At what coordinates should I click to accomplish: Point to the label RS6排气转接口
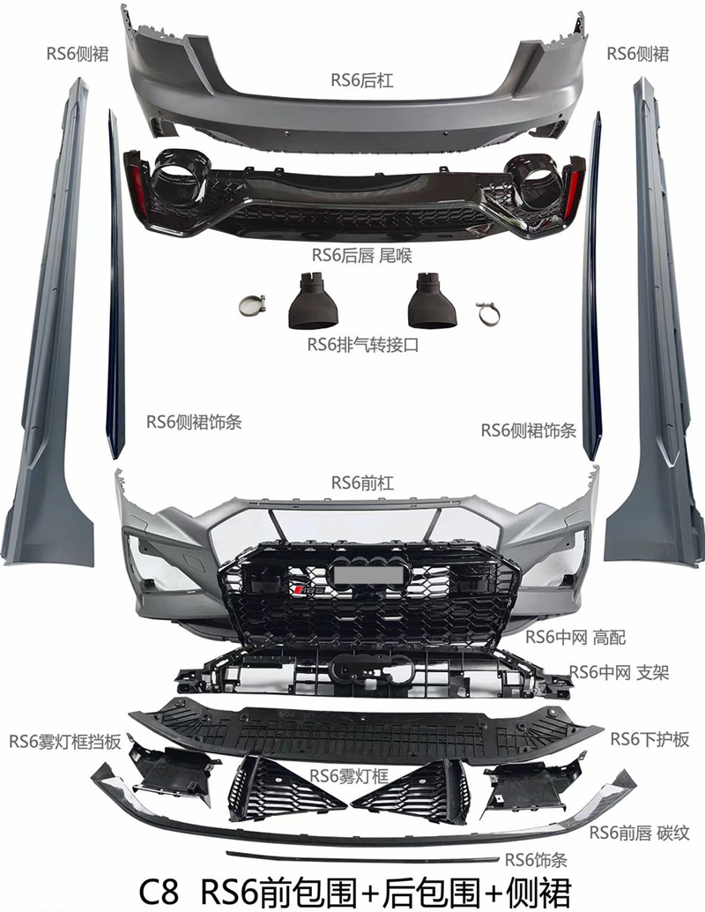[x=362, y=345]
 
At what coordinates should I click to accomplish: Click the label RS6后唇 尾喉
[x=362, y=255]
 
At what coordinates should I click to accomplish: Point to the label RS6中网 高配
[x=575, y=637]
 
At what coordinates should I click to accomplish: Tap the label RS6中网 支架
[x=620, y=673]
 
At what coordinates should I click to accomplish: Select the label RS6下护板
[x=649, y=739]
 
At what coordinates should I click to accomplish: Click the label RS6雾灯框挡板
[x=64, y=740]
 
